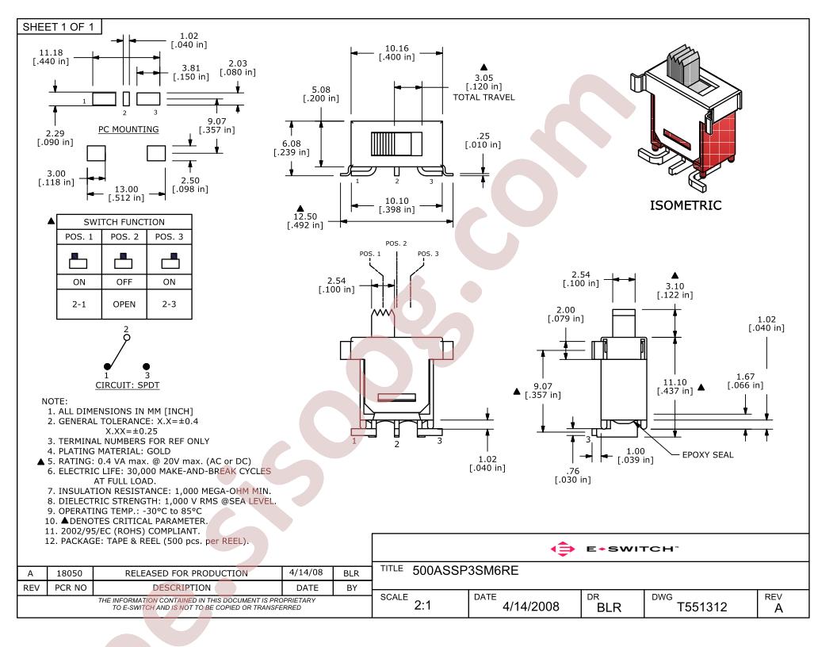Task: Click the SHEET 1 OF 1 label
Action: point(58,27)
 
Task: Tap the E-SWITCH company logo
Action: point(613,549)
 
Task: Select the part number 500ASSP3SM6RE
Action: point(465,571)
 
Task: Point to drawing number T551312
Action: point(702,607)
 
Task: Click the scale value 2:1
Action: point(422,605)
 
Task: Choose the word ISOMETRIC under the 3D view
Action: point(686,205)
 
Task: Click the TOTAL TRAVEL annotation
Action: point(483,98)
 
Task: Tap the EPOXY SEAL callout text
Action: point(708,455)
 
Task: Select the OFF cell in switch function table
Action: point(124,281)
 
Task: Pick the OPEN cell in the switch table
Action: point(124,304)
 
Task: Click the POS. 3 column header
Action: point(169,236)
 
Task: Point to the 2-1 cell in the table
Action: point(79,304)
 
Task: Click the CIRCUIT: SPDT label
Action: point(128,385)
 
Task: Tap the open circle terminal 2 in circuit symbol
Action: point(127,338)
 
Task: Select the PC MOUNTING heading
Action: point(128,129)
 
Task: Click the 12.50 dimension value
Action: point(305,216)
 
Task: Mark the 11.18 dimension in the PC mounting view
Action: point(51,52)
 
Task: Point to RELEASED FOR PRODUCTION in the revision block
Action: point(186,573)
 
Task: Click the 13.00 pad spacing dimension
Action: point(127,189)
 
